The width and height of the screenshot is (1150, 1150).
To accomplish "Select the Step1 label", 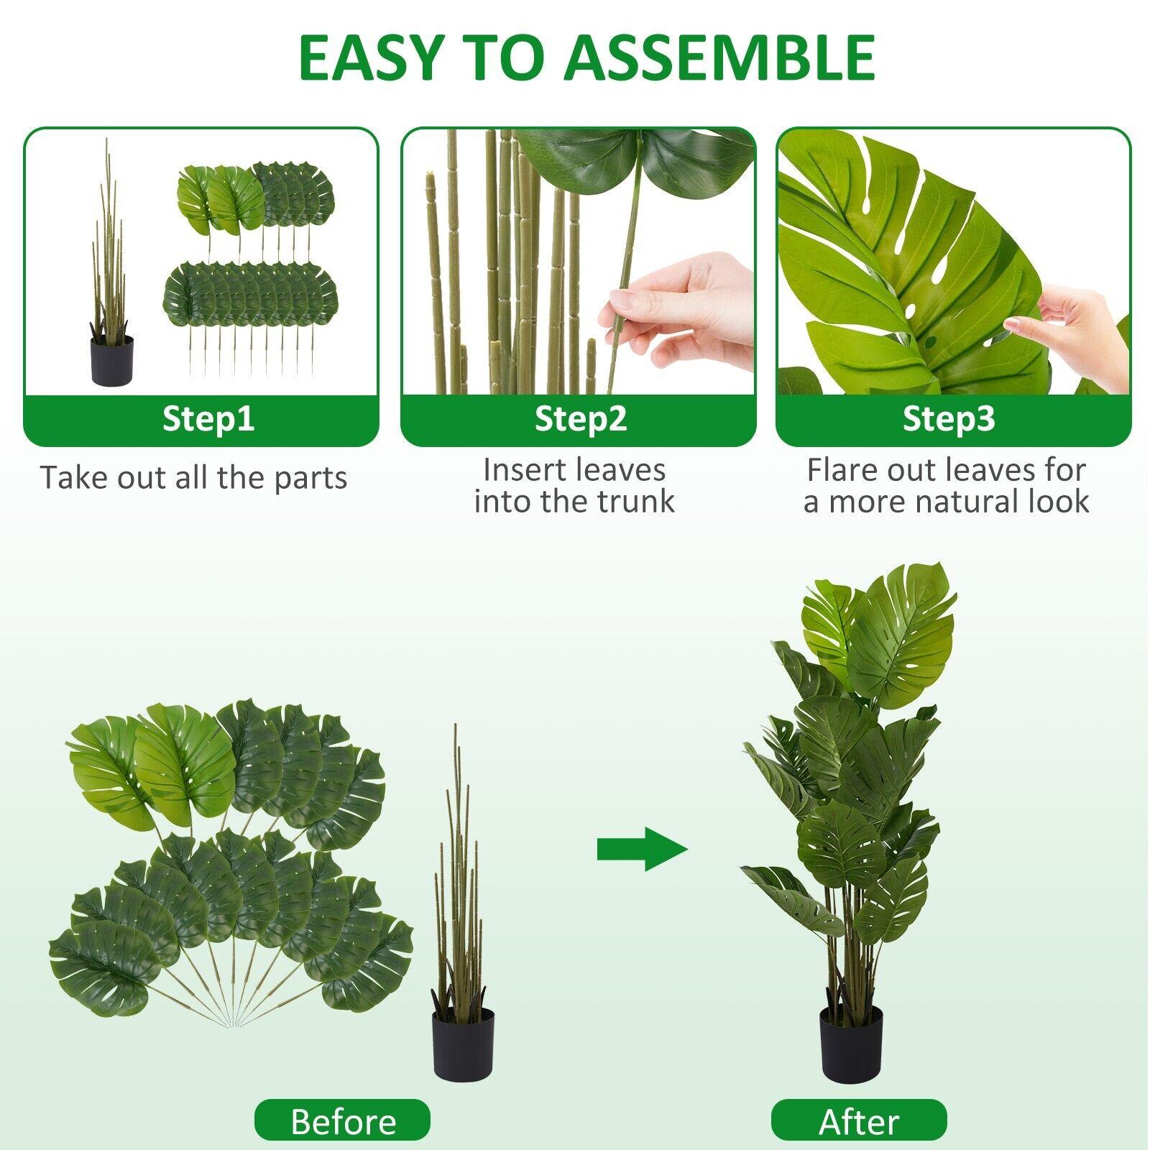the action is (208, 418).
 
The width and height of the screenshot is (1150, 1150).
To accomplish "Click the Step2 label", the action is (581, 418).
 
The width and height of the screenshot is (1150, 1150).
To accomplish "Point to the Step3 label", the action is (949, 418).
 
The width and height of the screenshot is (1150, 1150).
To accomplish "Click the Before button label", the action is (343, 1120).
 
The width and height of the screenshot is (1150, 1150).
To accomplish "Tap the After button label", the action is (859, 1120).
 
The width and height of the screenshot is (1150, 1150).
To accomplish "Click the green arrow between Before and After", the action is (643, 850).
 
